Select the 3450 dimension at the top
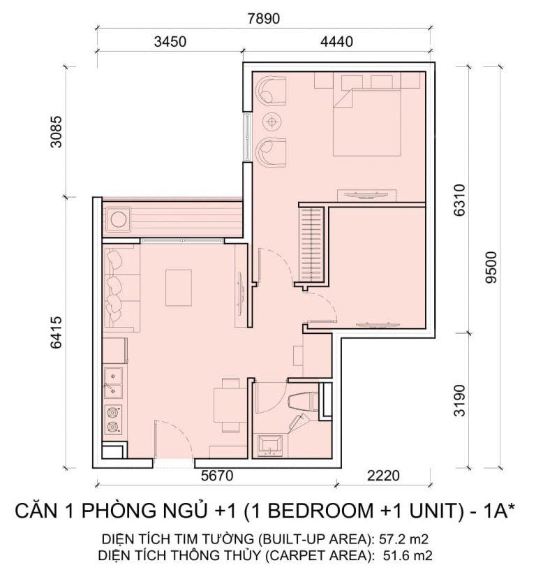coord(170,41)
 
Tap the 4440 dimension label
coord(336,41)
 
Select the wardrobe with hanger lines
coord(312,245)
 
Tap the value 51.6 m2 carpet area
coord(405,556)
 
